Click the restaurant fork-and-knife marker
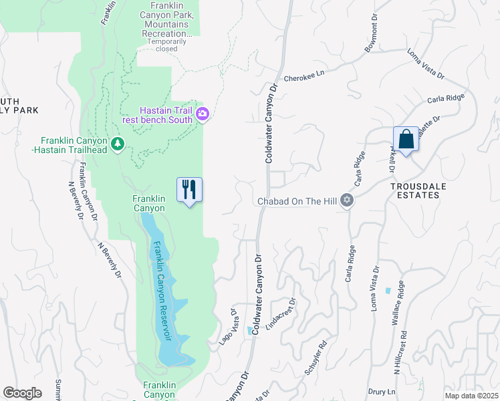[189, 190]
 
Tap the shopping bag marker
[406, 140]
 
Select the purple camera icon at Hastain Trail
[203, 116]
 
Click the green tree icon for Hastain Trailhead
[118, 143]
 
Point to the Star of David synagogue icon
[346, 200]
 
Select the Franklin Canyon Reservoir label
[162, 290]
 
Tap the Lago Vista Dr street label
[229, 328]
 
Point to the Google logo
[22, 392]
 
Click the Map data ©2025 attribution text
[471, 396]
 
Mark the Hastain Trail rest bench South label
[166, 116]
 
